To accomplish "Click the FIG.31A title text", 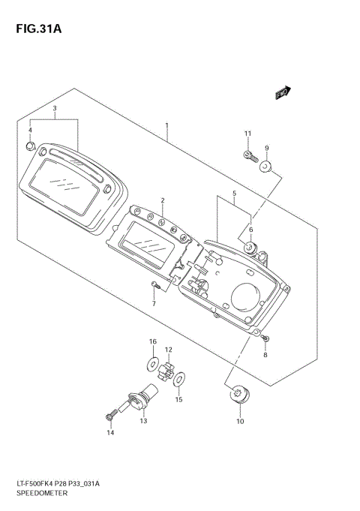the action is coord(38,29).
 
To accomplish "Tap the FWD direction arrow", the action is coord(283,92).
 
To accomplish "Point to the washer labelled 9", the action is coord(265,167).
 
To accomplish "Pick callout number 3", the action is coord(55,108).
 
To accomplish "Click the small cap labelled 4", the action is coord(30,146).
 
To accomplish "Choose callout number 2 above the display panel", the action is coord(163,200).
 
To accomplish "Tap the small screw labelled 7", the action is coord(155,285).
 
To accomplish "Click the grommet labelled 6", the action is coord(250,248).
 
